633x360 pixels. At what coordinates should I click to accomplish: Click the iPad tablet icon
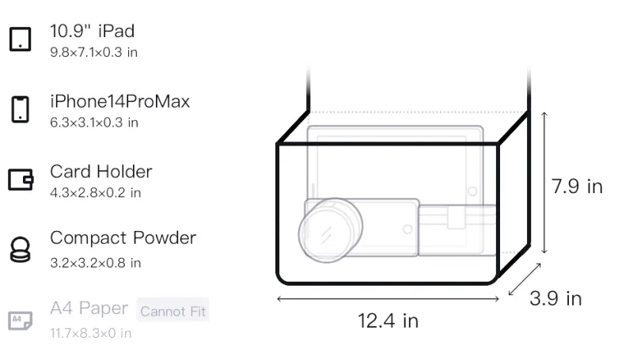21,39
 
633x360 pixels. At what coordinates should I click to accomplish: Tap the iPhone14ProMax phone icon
21,109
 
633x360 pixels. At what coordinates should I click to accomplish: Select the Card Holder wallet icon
21,179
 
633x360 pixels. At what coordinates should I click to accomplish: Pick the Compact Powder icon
21,250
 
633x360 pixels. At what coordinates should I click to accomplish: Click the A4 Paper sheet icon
21,320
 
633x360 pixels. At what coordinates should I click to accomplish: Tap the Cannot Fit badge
172,310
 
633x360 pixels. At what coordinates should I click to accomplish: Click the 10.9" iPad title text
92,31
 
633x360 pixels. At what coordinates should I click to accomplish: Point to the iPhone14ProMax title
120,101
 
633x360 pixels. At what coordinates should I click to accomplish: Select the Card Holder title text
101,172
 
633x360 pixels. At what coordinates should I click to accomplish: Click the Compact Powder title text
123,238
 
